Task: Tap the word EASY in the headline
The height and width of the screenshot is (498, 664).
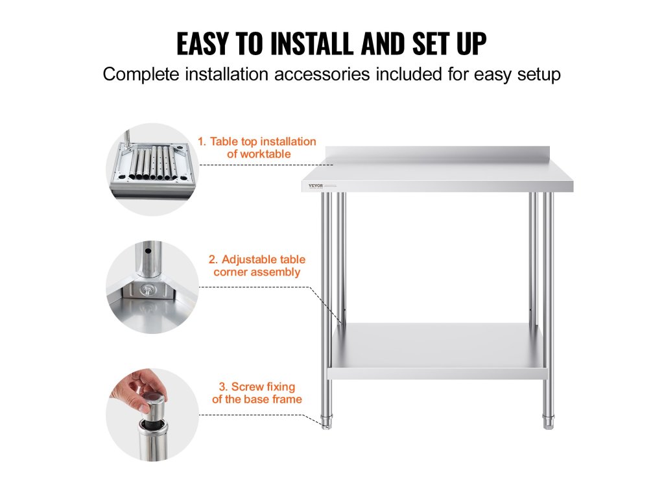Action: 203,43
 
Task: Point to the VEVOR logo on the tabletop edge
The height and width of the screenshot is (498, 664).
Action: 316,185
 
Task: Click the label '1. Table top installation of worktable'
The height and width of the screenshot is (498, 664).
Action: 257,147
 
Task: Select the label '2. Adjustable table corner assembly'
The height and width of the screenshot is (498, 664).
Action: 257,265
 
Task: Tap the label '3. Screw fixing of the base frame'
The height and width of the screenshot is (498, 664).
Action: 257,392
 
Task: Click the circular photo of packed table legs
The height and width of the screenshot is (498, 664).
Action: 152,169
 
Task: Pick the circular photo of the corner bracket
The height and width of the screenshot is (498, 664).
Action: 152,287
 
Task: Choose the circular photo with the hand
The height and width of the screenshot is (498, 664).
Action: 152,414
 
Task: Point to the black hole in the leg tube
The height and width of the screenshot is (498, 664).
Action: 148,251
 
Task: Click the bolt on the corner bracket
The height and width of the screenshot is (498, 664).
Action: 147,290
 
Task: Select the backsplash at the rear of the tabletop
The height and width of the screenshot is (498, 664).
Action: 438,155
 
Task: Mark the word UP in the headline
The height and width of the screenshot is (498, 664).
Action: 471,43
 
